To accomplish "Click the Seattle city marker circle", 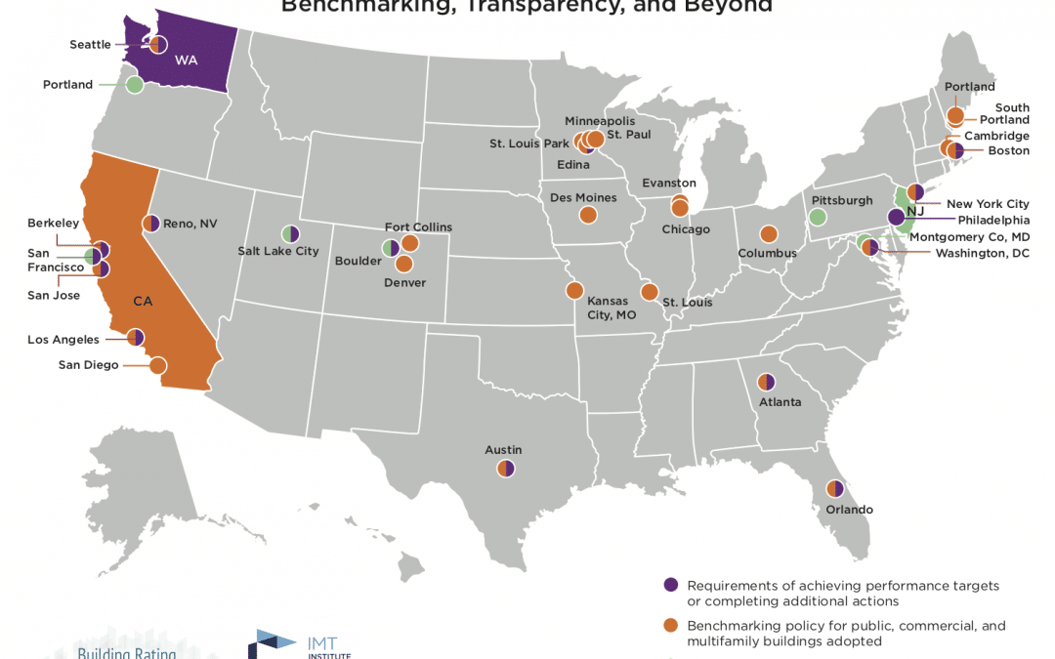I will pyautogui.click(x=157, y=44).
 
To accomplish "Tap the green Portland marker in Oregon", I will pyautogui.click(x=135, y=85).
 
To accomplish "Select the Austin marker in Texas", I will pyautogui.click(x=505, y=469).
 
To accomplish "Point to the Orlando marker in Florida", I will pyautogui.click(x=835, y=489).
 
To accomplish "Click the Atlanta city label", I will pyautogui.click(x=781, y=402).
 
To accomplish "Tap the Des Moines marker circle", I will pyautogui.click(x=587, y=215).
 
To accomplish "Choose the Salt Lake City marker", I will pyautogui.click(x=290, y=234).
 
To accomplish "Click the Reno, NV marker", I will pyautogui.click(x=150, y=224).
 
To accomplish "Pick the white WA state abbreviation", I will pyautogui.click(x=186, y=60).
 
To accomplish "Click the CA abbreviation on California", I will pyautogui.click(x=143, y=301).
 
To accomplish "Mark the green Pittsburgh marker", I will pyautogui.click(x=819, y=217).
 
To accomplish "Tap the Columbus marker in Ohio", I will pyautogui.click(x=769, y=235).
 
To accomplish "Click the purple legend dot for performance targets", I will pyautogui.click(x=670, y=585).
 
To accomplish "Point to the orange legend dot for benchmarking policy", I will pyautogui.click(x=670, y=626).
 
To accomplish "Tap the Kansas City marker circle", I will pyautogui.click(x=574, y=291).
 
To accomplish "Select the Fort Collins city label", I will pyautogui.click(x=419, y=227).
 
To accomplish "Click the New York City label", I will pyautogui.click(x=988, y=204).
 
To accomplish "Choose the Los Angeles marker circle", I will pyautogui.click(x=136, y=338).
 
